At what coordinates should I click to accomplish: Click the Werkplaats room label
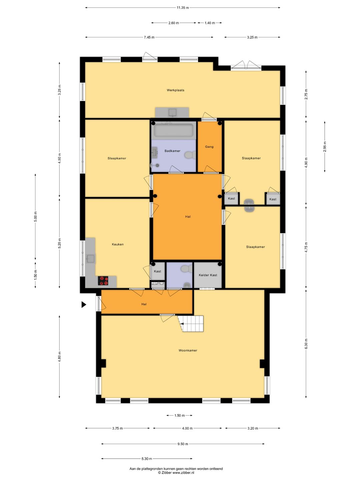pyautogui.click(x=175, y=90)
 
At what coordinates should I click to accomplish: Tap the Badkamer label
pyautogui.click(x=172, y=151)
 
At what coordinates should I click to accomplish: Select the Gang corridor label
pyautogui.click(x=209, y=147)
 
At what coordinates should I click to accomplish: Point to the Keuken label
pyautogui.click(x=118, y=244)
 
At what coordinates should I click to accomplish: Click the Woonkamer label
pyautogui.click(x=188, y=350)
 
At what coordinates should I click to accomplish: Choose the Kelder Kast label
pyautogui.click(x=208, y=275)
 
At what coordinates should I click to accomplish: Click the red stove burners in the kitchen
pyautogui.click(x=103, y=281)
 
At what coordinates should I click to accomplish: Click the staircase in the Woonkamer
pyautogui.click(x=191, y=324)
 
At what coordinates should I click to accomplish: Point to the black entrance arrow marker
pyautogui.click(x=84, y=304)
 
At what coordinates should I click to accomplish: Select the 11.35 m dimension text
pyautogui.click(x=183, y=8)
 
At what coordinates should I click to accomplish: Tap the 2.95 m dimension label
pyautogui.click(x=325, y=147)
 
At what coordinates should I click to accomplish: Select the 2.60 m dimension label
pyautogui.click(x=174, y=23)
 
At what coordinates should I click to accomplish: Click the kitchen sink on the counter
pyautogui.click(x=90, y=259)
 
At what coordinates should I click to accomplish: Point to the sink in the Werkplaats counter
pyautogui.click(x=173, y=113)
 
